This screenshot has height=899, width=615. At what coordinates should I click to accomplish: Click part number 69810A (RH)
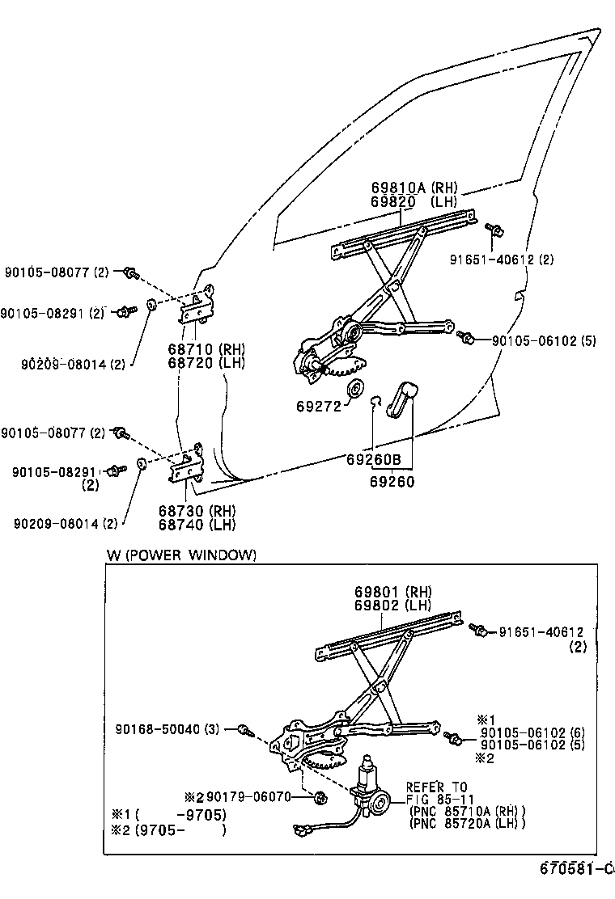click(x=414, y=188)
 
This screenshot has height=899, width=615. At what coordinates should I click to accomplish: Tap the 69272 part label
click(x=319, y=407)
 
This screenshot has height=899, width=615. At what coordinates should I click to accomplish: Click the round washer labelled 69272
click(x=354, y=387)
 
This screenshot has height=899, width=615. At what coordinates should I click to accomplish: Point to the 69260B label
click(x=374, y=459)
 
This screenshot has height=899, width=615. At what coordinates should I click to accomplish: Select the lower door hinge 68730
click(x=186, y=464)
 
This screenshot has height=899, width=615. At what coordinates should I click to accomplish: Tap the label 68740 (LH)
click(x=197, y=525)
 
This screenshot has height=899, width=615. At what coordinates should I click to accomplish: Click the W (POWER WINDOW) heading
click(x=181, y=555)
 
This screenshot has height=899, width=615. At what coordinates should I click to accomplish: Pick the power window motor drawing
click(x=370, y=791)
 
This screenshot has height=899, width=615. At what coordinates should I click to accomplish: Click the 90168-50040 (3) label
click(x=167, y=729)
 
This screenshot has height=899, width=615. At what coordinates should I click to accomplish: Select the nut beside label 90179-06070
click(x=320, y=797)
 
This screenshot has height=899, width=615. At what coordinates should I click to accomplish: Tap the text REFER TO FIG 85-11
click(x=437, y=793)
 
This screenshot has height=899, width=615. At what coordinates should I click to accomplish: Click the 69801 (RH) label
click(x=392, y=592)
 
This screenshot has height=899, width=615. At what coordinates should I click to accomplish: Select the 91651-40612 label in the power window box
click(x=541, y=632)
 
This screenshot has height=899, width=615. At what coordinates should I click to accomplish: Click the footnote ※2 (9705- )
click(x=168, y=829)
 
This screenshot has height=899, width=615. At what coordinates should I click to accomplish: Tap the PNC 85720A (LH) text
click(x=467, y=823)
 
